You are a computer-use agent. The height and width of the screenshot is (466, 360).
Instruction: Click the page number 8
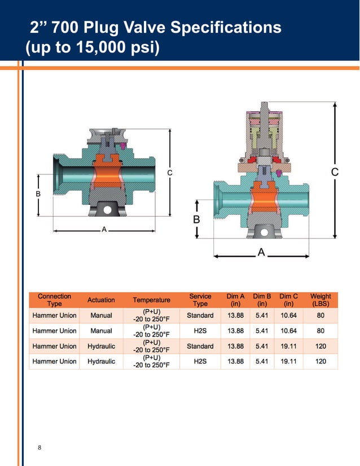pos(39,448)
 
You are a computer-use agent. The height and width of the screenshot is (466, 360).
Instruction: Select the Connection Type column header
pos(54,300)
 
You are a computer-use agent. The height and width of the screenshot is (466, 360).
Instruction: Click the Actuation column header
pos(101,300)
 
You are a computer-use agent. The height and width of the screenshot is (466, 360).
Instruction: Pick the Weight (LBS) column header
pos(321,300)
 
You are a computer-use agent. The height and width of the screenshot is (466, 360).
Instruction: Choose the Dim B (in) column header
pos(262,300)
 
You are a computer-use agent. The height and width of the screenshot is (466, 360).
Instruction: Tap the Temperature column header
pos(151,300)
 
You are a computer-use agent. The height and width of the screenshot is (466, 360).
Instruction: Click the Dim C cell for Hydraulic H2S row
pos(289,361)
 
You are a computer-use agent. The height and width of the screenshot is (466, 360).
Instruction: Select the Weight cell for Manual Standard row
pos(321,315)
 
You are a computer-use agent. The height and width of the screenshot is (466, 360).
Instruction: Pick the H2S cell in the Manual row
pos(200,331)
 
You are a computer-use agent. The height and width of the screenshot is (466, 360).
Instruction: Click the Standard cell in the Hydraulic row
pos(200,346)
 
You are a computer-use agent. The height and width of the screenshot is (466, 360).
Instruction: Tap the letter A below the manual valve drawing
pos(103,230)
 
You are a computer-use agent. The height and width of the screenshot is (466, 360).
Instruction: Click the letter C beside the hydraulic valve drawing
pos(335,172)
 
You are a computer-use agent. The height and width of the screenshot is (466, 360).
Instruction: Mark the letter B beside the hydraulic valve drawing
pos(196,219)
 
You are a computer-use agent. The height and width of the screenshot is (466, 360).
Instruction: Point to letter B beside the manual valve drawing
pos(38,194)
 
